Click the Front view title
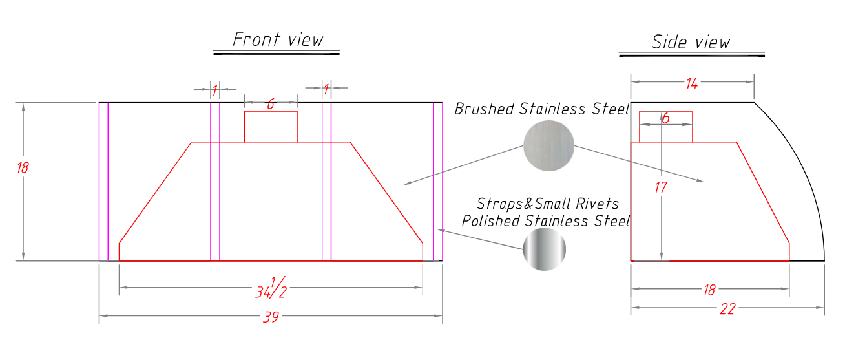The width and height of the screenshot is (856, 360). pos(278,39)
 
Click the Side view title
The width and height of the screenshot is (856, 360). pos(691,42)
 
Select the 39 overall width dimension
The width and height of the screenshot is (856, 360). pos(271,317)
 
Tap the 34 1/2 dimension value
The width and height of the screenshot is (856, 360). pos(271,288)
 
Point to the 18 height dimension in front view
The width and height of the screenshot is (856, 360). pos(23,167)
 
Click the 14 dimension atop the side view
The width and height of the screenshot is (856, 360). pos(692,83)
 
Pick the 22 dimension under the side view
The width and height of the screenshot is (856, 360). pos(727,309)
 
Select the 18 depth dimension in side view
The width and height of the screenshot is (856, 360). pos(709,290)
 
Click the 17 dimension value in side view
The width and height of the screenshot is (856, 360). pos(661,187)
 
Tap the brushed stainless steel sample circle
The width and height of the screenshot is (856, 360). pos(548,145)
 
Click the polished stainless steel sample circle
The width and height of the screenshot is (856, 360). pos(544,249)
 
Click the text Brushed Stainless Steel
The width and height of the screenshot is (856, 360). pos(542,109)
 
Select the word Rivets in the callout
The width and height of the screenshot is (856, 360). pos(598,204)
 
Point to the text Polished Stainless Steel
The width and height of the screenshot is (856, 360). pos(546,221)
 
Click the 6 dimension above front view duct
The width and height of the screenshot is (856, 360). pos(271,104)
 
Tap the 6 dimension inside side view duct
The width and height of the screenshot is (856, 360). pos(665,118)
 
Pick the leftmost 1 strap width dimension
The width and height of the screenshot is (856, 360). pos(214,90)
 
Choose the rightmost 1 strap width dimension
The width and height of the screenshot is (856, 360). pos(326,90)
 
